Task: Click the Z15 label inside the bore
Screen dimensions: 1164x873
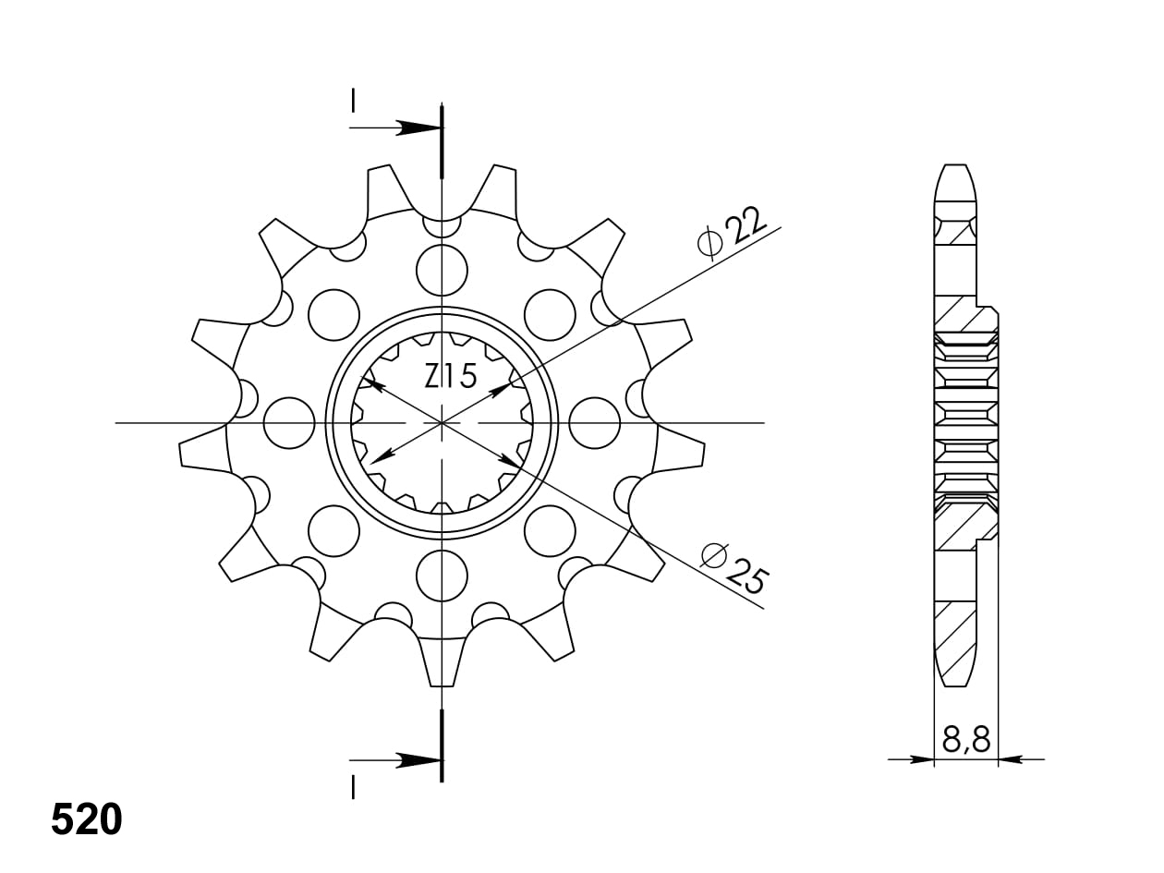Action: coord(450,376)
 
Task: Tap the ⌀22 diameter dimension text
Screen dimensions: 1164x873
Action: coord(732,234)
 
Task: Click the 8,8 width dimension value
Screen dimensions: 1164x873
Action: coord(966,739)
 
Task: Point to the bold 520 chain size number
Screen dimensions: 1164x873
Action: coord(87,820)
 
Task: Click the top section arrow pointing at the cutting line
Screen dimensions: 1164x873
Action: coord(395,127)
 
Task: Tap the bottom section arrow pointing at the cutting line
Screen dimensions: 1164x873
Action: coord(395,760)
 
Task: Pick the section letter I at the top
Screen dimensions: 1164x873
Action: coord(353,101)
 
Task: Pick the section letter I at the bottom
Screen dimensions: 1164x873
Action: coord(353,786)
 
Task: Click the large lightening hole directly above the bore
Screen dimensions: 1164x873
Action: coord(442,271)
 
